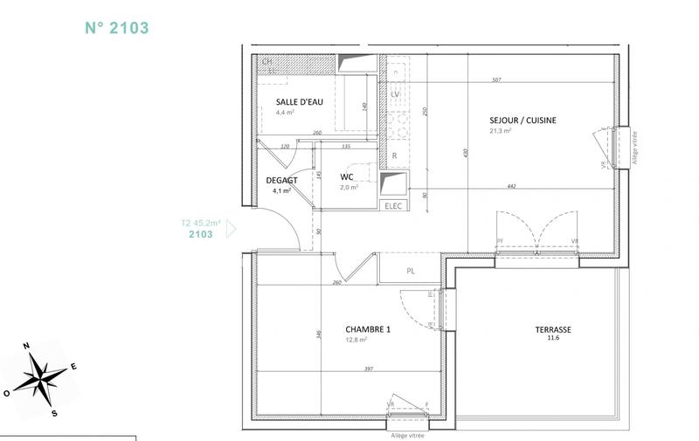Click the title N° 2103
(117, 27)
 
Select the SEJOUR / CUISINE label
(523, 121)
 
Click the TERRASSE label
(553, 330)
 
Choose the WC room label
(346, 177)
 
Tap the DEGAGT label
(281, 181)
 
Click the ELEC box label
(392, 205)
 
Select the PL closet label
(410, 271)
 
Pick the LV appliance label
(395, 93)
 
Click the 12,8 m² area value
(356, 341)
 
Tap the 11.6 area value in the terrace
(553, 340)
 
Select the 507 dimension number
(496, 80)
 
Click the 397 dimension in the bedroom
(369, 369)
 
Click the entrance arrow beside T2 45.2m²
(231, 230)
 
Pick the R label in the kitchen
(395, 156)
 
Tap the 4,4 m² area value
(284, 113)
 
